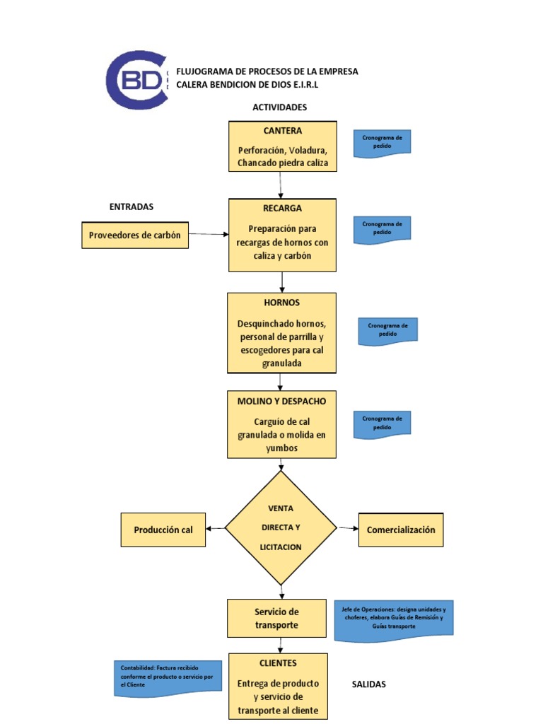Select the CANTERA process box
pos(282,146)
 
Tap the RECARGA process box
pos(282,235)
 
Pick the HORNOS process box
pos(281,332)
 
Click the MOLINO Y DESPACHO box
pos(281,424)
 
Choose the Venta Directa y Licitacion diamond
pos(281,528)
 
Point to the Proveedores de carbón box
pos(135,235)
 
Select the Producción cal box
pos(163,530)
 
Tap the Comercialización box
pos(401,530)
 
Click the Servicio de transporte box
pos(276,618)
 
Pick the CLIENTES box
pos(278,686)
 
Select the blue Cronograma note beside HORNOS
pos(387,331)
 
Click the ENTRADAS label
pos(132,206)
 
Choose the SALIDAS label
pos(369,684)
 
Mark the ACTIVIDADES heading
pos(279,107)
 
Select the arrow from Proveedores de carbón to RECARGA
pos(209,234)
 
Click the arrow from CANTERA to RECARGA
pos(282,185)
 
